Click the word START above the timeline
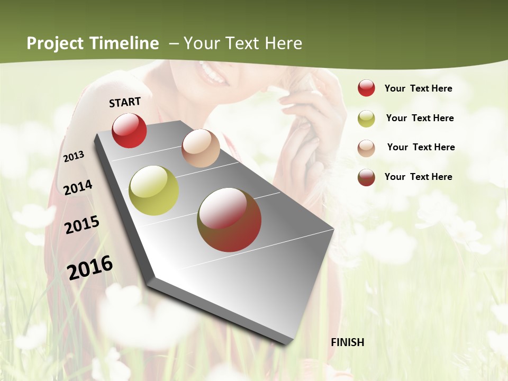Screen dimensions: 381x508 click(125, 102)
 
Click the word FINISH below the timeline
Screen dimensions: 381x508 click(347, 342)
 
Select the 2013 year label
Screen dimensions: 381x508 click(74, 156)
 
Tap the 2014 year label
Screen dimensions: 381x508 click(78, 188)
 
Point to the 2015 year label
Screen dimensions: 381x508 click(81, 225)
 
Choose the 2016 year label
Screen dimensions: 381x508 click(90, 268)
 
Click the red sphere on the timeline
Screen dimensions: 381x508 click(129, 130)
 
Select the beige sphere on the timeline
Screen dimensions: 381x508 click(201, 148)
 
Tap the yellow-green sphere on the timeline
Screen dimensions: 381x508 click(153, 190)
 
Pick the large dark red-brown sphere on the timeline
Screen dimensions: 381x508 click(229, 220)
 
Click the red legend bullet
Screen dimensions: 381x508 click(366, 88)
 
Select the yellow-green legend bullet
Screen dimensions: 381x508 click(366, 119)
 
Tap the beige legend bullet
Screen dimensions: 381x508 click(366, 148)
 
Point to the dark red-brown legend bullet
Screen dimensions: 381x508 click(366, 177)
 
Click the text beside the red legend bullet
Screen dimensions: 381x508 click(418, 88)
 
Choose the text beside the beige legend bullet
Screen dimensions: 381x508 click(421, 147)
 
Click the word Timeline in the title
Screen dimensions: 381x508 click(124, 43)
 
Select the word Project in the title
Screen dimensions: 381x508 click(56, 43)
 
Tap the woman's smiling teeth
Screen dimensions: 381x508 click(213, 74)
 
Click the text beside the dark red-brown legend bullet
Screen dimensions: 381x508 click(418, 177)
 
